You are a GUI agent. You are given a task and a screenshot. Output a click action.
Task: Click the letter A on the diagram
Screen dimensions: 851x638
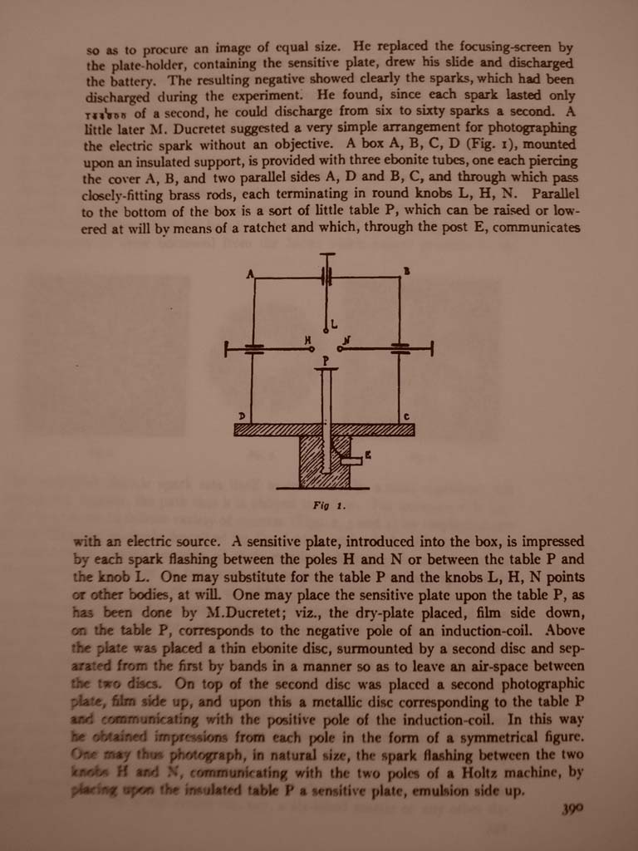[249, 273]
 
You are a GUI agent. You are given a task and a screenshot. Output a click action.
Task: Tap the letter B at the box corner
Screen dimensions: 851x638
[406, 271]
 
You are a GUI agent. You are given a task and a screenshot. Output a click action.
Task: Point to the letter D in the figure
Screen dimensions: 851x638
[242, 416]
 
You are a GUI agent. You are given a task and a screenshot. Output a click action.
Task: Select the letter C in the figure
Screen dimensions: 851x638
[406, 416]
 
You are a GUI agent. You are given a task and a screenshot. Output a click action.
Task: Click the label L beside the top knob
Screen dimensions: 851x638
[334, 324]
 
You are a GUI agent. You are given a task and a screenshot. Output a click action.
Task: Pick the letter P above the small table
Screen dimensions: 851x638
[326, 361]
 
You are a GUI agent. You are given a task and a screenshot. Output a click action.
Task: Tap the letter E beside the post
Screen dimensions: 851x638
[368, 455]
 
